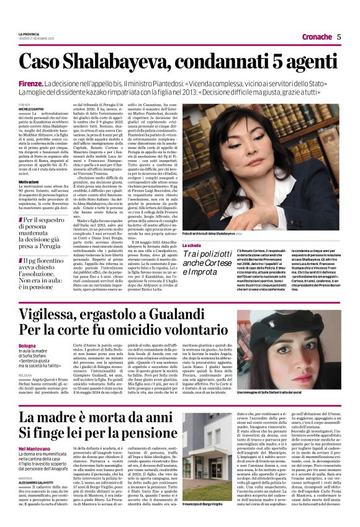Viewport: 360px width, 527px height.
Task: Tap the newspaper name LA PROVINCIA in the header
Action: [x=29, y=33]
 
